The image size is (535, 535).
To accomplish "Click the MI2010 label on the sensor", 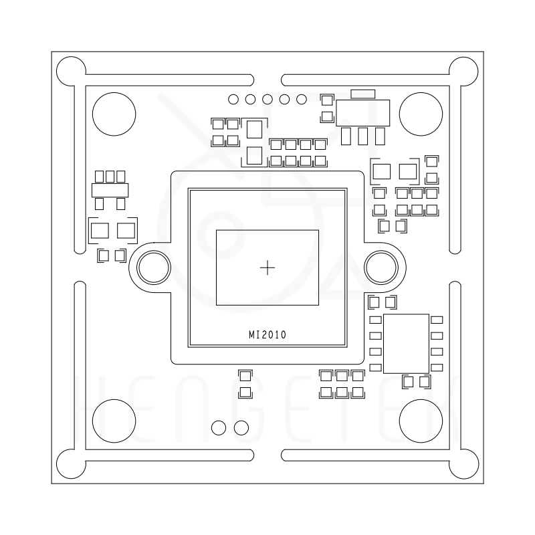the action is [x=267, y=335].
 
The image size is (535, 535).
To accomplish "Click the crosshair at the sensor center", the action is [x=267, y=267].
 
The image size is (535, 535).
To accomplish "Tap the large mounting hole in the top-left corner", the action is [x=114, y=114].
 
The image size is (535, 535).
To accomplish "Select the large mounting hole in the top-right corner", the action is [x=421, y=114].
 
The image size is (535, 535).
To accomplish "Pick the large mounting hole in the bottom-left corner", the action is [x=114, y=421].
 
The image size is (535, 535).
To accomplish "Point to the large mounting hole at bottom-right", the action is [x=421, y=421].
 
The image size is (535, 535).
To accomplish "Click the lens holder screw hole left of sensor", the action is [x=154, y=267].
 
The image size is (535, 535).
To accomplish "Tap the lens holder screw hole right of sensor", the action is [x=381, y=267].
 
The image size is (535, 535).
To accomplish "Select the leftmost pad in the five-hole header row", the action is [x=233, y=99].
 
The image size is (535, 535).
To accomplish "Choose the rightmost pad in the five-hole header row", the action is [x=302, y=99].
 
